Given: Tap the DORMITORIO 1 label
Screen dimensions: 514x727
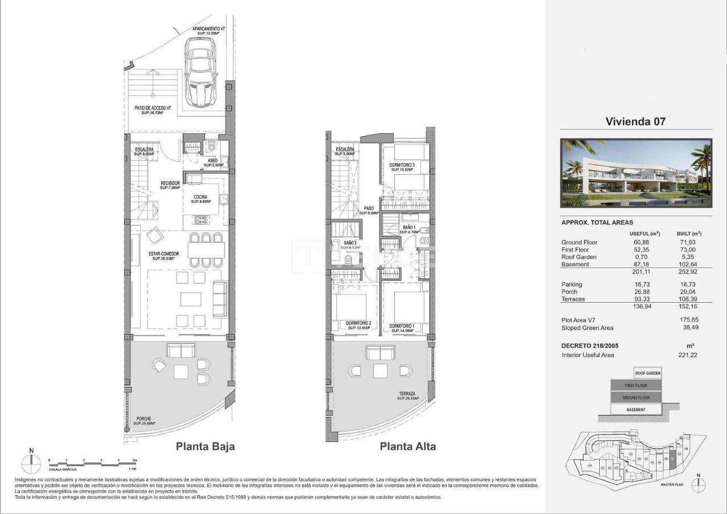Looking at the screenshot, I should click(402, 325).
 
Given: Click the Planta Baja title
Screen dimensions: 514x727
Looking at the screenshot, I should click(205, 446).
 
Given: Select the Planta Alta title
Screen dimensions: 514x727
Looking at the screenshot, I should click(408, 446).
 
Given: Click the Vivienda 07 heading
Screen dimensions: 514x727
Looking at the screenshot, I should click(635, 121).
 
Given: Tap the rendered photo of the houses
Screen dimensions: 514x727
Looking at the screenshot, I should click(635, 173).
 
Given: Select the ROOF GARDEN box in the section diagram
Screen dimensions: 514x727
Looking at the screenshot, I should click(647, 373).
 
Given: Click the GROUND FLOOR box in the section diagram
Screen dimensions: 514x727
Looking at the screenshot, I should click(636, 398).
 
